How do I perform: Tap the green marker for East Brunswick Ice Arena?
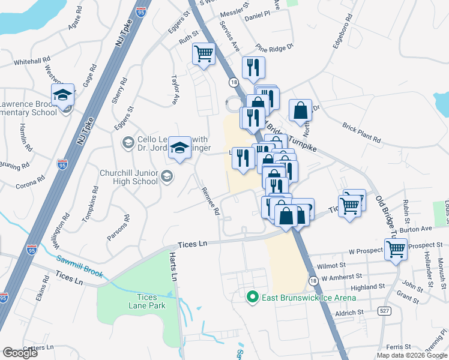[253, 297]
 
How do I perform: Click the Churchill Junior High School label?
[129, 177]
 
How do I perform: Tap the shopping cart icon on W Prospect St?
[396, 248]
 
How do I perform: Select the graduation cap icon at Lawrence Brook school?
[62, 95]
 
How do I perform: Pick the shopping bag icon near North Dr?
[300, 110]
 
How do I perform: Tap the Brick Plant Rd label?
[362, 133]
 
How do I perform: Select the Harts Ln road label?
[173, 267]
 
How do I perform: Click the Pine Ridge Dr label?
[274, 47]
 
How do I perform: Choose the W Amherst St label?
[343, 278]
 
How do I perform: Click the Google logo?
[20, 352]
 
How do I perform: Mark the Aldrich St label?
[349, 312]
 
